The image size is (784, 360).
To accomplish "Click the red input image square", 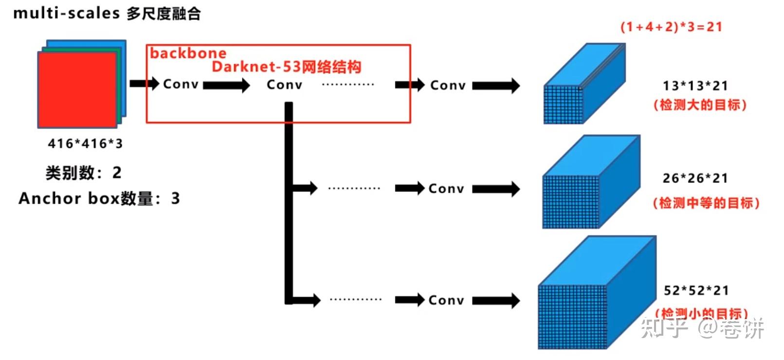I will click(x=77, y=90).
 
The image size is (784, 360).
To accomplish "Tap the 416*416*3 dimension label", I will click(x=85, y=144).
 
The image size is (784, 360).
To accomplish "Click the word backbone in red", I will click(x=188, y=53).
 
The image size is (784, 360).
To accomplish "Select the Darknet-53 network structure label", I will click(x=286, y=67).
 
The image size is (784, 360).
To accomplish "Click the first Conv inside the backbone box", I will click(x=181, y=84).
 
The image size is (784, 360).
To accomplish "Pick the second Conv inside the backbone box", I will click(x=284, y=85).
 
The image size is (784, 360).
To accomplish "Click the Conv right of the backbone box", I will click(x=448, y=86).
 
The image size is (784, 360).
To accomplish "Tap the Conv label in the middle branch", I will click(x=446, y=189).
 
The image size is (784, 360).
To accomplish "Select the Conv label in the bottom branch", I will click(x=446, y=300).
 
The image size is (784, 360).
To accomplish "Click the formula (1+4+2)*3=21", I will click(x=671, y=27).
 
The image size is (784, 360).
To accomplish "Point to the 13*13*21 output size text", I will click(x=695, y=86).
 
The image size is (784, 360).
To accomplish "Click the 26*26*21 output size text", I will click(x=695, y=179).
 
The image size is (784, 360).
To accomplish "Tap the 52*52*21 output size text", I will click(x=696, y=291).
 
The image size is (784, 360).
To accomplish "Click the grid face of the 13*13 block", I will click(x=563, y=105).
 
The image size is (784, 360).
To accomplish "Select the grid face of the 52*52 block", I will click(x=573, y=317).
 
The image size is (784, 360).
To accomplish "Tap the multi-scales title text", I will click(x=107, y=13).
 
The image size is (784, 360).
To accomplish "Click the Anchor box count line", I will click(x=99, y=198).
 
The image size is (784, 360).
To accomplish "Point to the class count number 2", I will click(x=117, y=173).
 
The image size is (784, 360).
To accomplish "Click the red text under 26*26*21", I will click(x=706, y=203).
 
